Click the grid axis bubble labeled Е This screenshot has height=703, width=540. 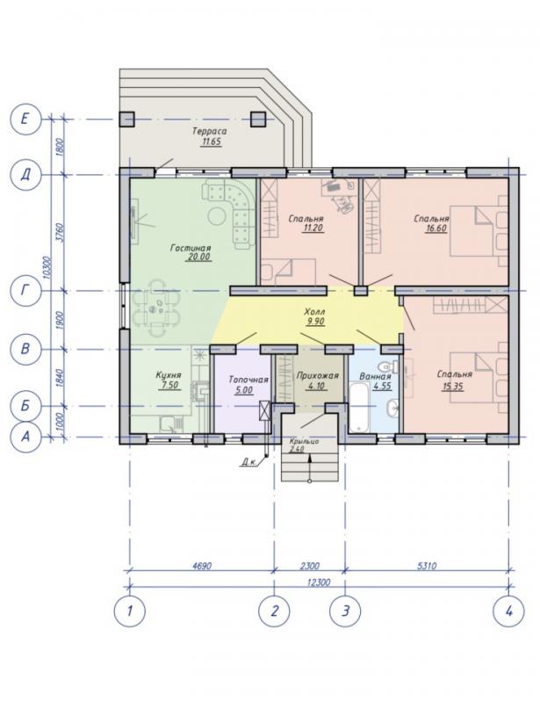pyautogui.click(x=25, y=119)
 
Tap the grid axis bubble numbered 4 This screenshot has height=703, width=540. pyautogui.click(x=508, y=611)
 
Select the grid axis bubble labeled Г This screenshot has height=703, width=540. pyautogui.click(x=25, y=291)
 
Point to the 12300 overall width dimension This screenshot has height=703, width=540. pyautogui.click(x=319, y=583)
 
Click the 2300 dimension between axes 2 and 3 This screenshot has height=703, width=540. pyautogui.click(x=309, y=566)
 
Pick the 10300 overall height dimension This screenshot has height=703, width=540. pyautogui.click(x=48, y=268)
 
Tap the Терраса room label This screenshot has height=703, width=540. pyautogui.click(x=209, y=131)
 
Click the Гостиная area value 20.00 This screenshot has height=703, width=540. pyautogui.click(x=198, y=257)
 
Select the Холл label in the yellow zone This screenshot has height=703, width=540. pyautogui.click(x=314, y=311)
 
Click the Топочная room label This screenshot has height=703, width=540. pyautogui.click(x=248, y=380)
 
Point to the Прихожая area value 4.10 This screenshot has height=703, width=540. pyautogui.click(x=316, y=386)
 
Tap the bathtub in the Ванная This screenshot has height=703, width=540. pyautogui.click(x=358, y=407)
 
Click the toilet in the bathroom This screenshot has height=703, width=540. pyautogui.click(x=388, y=366)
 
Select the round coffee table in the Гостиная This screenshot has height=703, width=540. pyautogui.click(x=218, y=216)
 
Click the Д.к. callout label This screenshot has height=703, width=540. pyautogui.click(x=249, y=462)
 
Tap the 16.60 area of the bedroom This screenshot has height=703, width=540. pyautogui.click(x=436, y=228)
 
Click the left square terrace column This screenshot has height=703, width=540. pyautogui.click(x=126, y=119)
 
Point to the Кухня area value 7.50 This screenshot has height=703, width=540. pyautogui.click(x=169, y=385)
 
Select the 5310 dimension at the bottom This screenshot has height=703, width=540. pyautogui.click(x=426, y=566)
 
